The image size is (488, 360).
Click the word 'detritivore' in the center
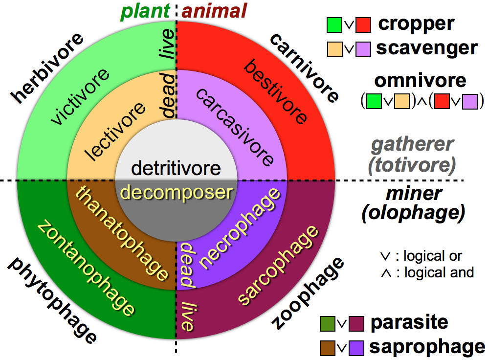click(x=176, y=169)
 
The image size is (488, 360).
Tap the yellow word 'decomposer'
click(x=176, y=192)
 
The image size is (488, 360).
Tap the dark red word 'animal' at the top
click(x=214, y=10)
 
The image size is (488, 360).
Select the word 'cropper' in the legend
click(x=416, y=23)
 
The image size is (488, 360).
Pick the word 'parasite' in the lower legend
click(x=409, y=322)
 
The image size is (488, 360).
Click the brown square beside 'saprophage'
click(x=327, y=347)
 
